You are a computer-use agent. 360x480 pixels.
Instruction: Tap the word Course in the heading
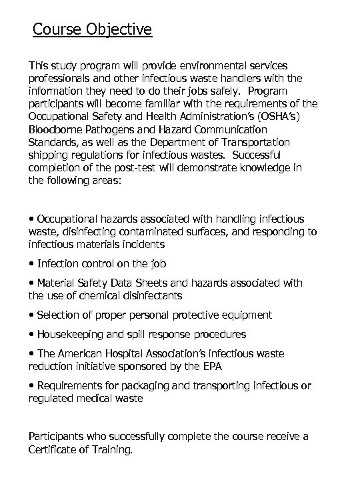57,30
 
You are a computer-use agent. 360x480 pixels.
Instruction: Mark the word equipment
248,315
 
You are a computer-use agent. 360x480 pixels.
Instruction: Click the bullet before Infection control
31,264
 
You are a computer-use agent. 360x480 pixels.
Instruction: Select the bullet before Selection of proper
31,315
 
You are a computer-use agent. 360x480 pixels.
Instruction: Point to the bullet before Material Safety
31,283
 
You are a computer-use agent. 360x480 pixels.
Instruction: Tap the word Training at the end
113,450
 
